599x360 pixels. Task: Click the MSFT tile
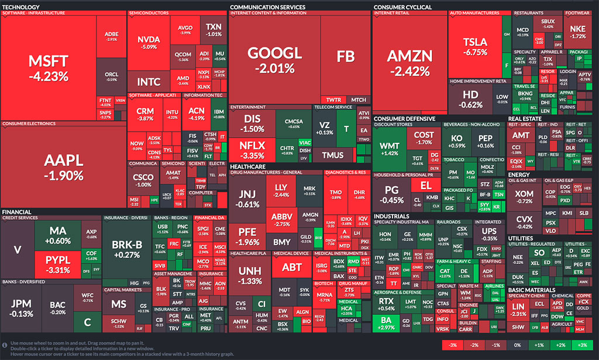click(50, 67)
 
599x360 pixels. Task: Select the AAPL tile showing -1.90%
click(63, 167)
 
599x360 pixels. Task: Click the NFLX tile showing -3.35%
click(252, 150)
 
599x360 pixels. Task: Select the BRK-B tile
click(126, 250)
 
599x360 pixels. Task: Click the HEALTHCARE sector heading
click(249, 166)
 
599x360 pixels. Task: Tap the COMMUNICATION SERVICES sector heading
click(267, 7)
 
